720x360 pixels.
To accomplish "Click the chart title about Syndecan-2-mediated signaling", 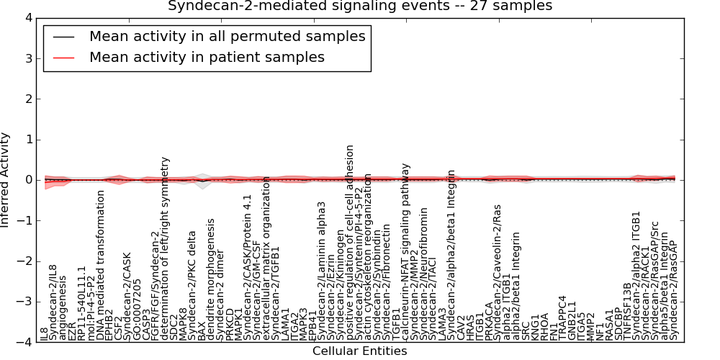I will (x=360, y=6).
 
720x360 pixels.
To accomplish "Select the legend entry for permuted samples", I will (x=227, y=36).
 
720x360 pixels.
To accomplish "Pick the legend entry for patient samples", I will (x=207, y=57).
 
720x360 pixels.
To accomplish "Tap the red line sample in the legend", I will (x=63, y=58).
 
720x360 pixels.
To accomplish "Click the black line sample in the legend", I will (x=63, y=37).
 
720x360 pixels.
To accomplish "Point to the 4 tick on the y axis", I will (x=29, y=17).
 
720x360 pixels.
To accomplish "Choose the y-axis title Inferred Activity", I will (x=6, y=180).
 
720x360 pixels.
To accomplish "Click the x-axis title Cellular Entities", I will (x=360, y=351).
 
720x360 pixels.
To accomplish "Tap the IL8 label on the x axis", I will (x=44, y=333).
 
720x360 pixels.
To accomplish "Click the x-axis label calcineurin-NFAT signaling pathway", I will (x=406, y=251).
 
